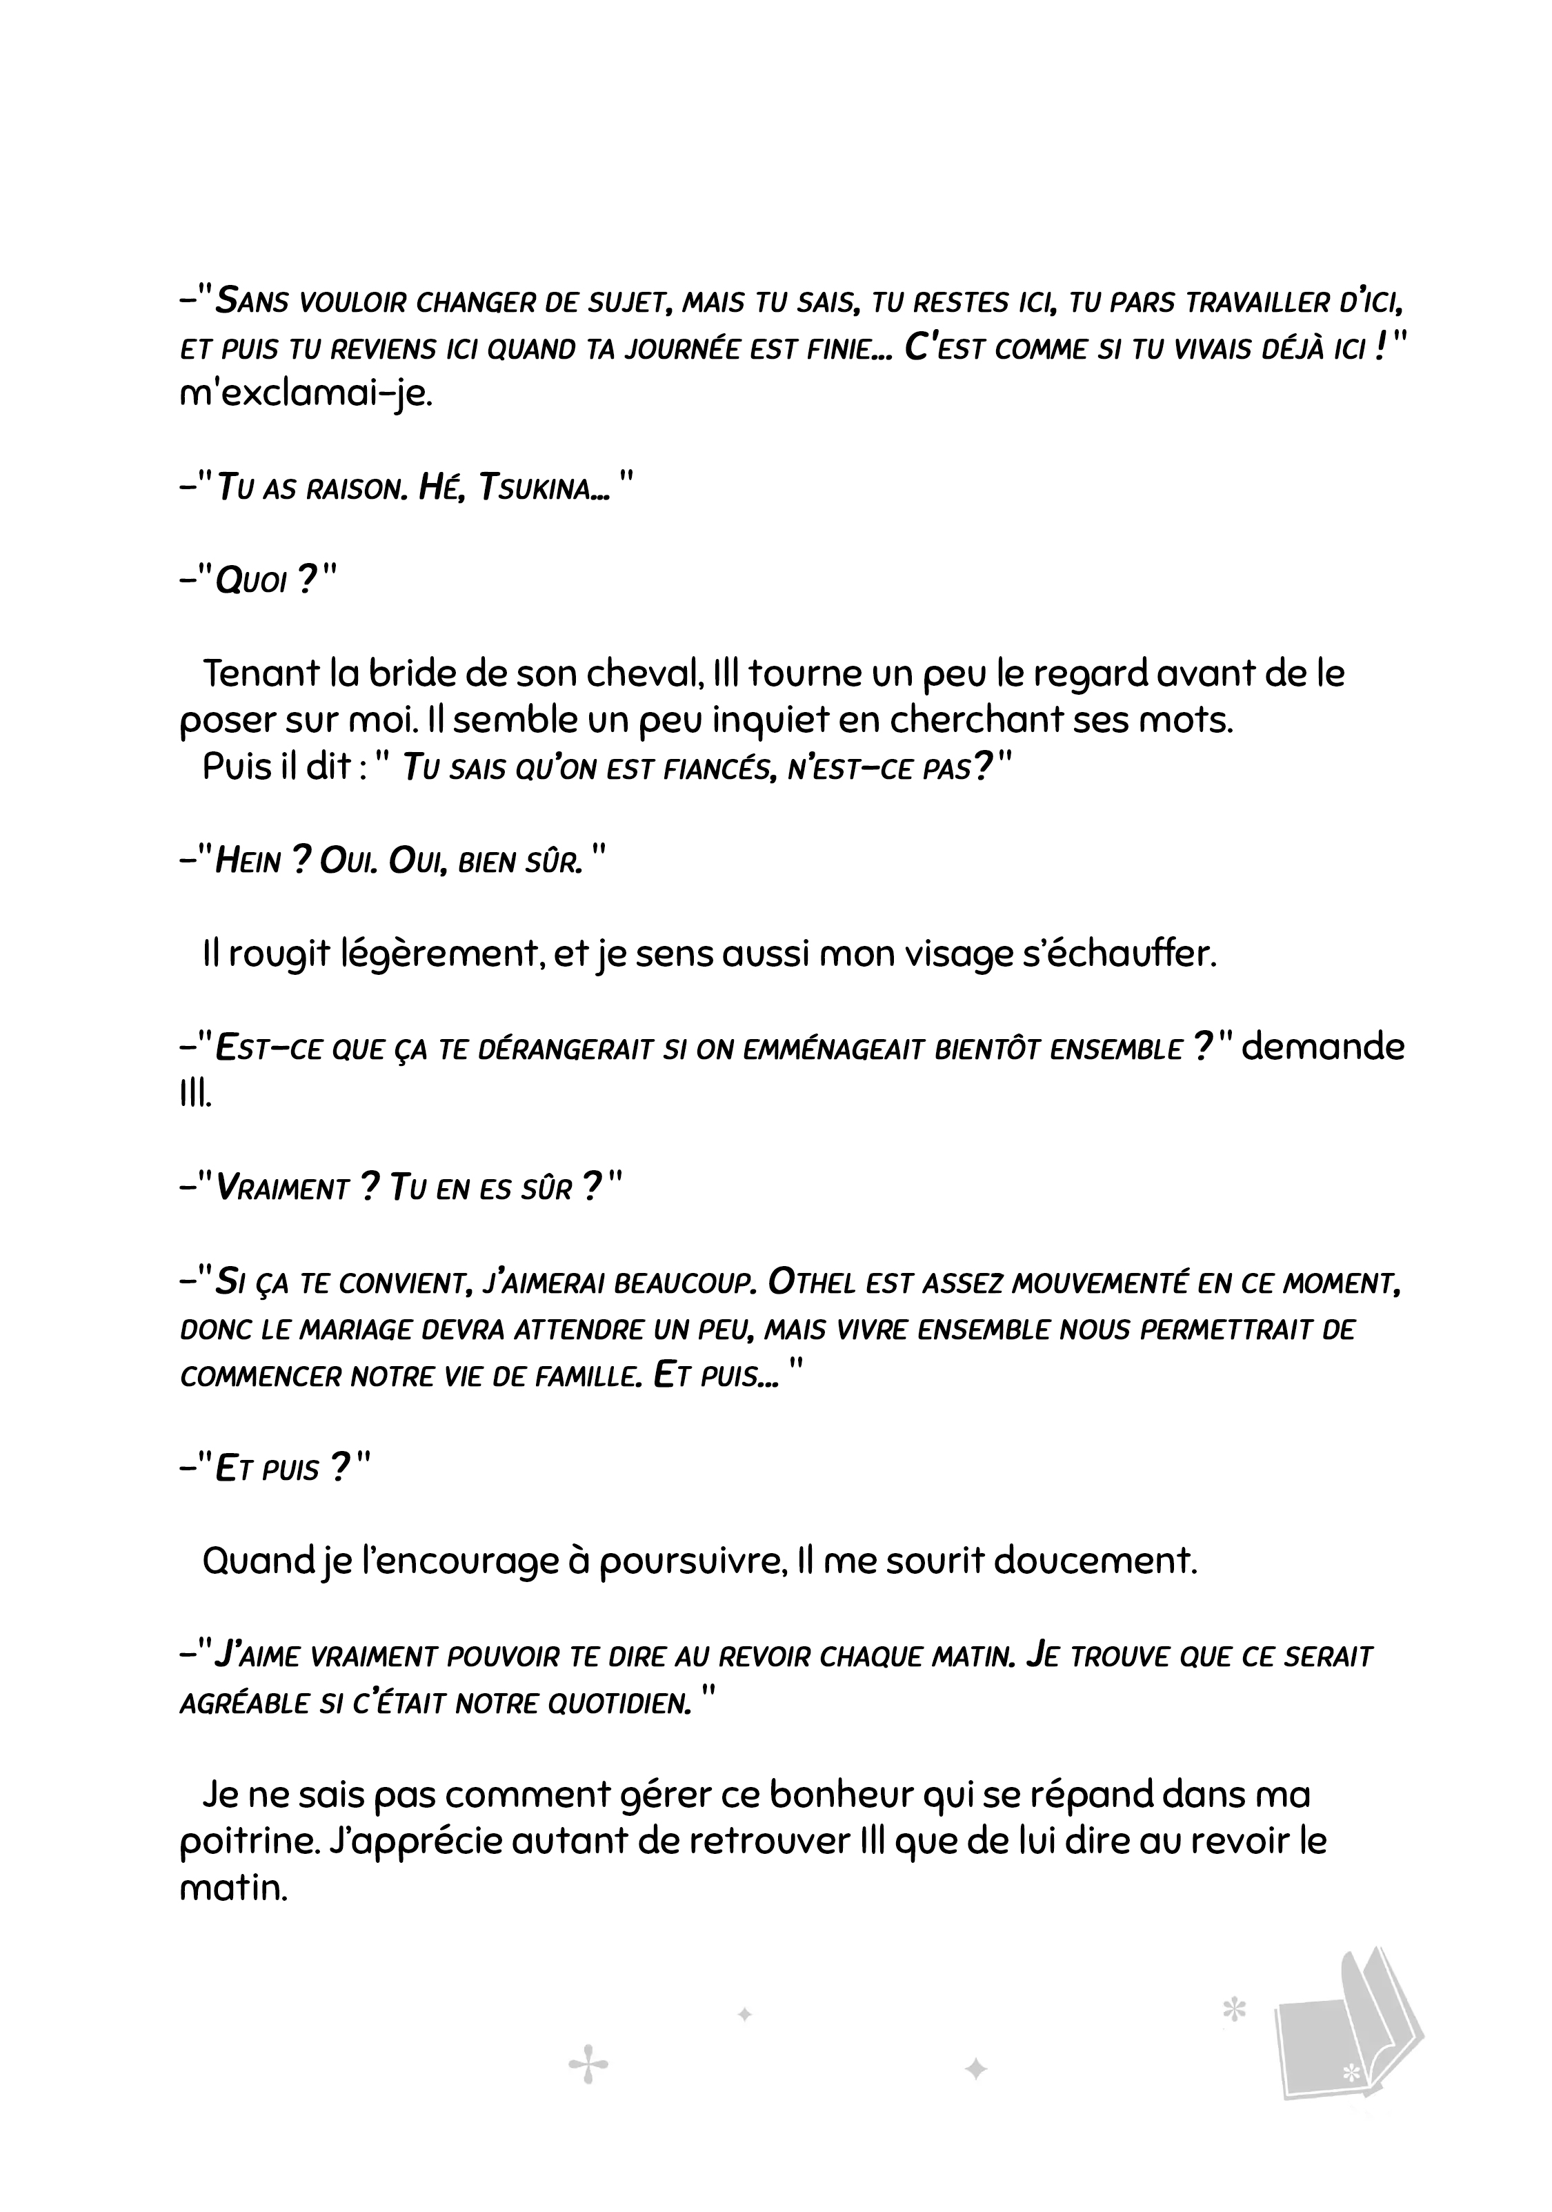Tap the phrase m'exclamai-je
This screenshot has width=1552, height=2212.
(x=306, y=394)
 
